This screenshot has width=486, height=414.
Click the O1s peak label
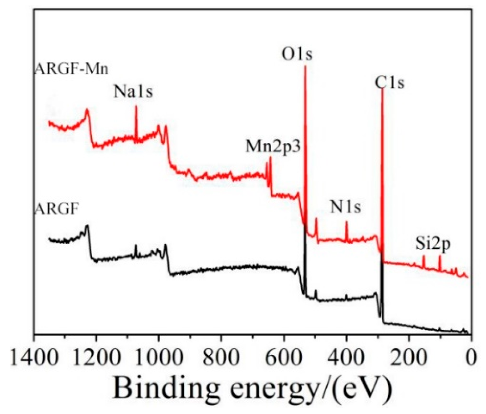296,54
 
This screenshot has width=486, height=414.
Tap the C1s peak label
389,83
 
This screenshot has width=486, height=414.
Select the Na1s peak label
133,91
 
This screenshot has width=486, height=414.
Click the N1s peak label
345,207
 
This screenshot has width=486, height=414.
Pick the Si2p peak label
433,244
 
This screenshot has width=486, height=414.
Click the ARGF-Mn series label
71,69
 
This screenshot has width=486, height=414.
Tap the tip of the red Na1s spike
136,106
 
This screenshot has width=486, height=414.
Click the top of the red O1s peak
305,67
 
